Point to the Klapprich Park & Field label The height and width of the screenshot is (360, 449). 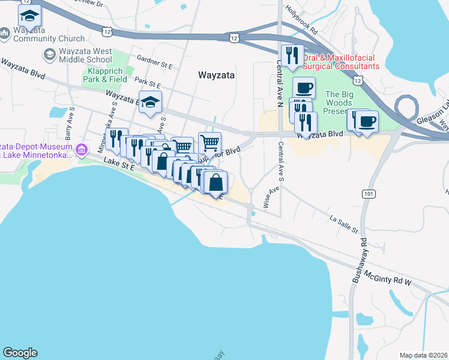(104, 74)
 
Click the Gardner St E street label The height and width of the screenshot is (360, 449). (155, 61)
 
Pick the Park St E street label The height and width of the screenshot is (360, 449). (149, 80)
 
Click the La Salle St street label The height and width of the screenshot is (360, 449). (343, 224)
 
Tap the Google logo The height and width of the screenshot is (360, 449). (20, 353)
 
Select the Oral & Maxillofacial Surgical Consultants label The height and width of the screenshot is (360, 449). (340, 62)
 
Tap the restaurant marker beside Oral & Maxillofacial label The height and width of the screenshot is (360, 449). (292, 56)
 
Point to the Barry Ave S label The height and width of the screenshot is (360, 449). (71, 122)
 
